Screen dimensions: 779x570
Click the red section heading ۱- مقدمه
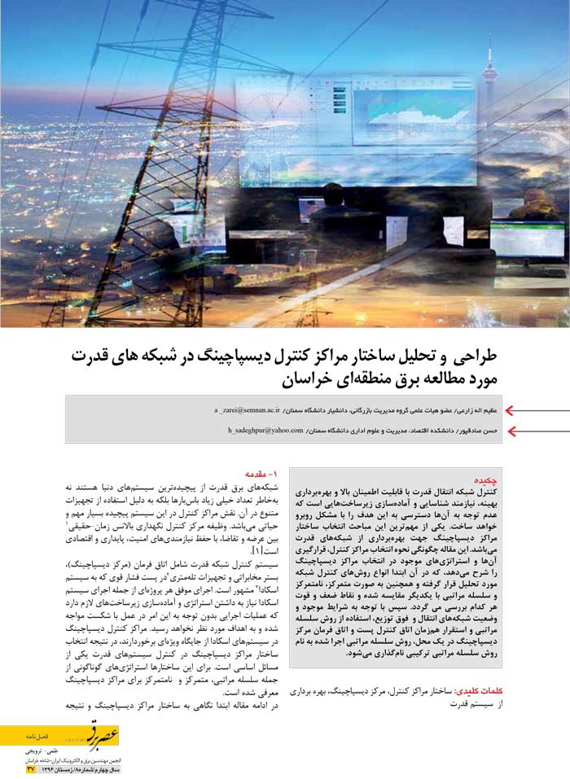point(261,473)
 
